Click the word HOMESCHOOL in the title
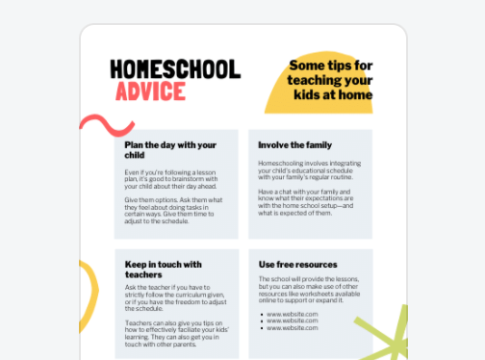pyautogui.click(x=174, y=69)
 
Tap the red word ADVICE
pyautogui.click(x=150, y=91)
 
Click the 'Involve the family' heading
pyautogui.click(x=290, y=144)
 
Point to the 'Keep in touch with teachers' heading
pyautogui.click(x=163, y=269)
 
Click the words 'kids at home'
pyautogui.click(x=334, y=94)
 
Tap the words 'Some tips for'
pyautogui.click(x=330, y=64)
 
